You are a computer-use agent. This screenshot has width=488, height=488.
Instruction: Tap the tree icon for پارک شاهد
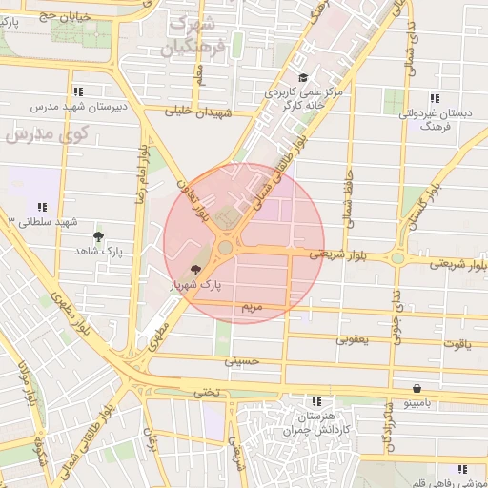coord(99,235)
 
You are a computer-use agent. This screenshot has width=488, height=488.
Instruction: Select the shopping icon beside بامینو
coord(418,388)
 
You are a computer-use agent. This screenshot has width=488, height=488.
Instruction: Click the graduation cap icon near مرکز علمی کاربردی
coord(303,78)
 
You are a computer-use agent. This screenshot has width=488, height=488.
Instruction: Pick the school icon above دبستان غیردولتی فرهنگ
coord(435,98)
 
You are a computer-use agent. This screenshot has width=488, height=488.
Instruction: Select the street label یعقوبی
coord(354,338)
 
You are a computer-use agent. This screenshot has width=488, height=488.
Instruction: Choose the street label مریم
coord(251,308)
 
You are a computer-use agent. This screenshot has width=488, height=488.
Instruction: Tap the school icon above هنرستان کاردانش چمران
coord(316,401)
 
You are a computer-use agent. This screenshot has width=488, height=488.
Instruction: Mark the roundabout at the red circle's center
coord(226,248)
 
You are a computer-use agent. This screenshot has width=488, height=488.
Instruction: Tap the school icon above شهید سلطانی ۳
coord(42,207)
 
